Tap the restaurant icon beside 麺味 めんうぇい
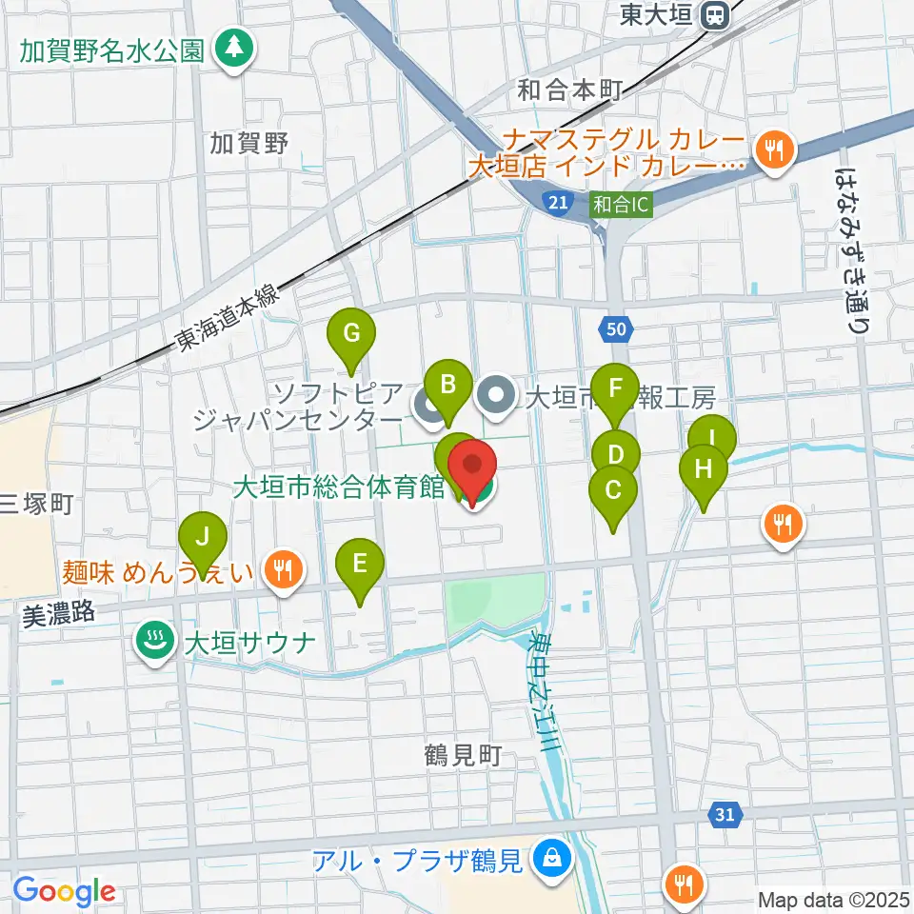click(281, 570)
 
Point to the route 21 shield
click(558, 202)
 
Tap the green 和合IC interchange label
click(621, 203)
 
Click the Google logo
click(64, 892)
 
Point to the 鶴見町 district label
click(463, 757)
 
